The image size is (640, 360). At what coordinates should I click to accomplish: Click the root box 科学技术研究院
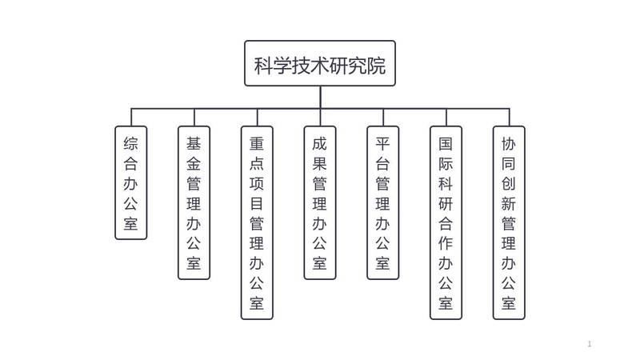[x=320, y=63]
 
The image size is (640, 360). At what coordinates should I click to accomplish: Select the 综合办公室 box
[x=131, y=182]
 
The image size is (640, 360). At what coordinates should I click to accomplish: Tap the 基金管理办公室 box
[x=194, y=202]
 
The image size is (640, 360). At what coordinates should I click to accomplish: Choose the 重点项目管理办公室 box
[x=257, y=222]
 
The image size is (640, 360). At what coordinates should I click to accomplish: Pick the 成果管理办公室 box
[x=320, y=202]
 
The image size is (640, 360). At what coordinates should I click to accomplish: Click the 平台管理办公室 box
[x=382, y=202]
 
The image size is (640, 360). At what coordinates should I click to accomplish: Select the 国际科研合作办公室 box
[x=446, y=222]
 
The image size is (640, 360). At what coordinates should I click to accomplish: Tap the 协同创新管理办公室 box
[x=509, y=222]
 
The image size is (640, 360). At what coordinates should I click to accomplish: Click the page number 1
[x=590, y=344]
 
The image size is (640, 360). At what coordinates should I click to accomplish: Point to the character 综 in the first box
[x=131, y=144]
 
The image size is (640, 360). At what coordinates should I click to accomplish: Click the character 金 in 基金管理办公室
[x=194, y=164]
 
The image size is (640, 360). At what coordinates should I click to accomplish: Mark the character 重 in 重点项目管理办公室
[x=257, y=144]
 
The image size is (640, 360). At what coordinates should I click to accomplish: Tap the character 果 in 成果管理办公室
[x=320, y=164]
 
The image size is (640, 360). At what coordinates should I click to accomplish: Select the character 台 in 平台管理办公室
[x=382, y=164]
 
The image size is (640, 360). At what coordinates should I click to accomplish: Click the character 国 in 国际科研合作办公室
[x=446, y=144]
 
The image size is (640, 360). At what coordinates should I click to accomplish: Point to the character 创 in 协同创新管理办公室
[x=509, y=184]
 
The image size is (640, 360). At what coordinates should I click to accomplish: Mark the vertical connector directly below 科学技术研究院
[x=320, y=97]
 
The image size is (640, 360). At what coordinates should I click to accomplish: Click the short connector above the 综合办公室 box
[x=131, y=117]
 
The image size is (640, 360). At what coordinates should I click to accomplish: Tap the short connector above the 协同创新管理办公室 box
[x=509, y=117]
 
